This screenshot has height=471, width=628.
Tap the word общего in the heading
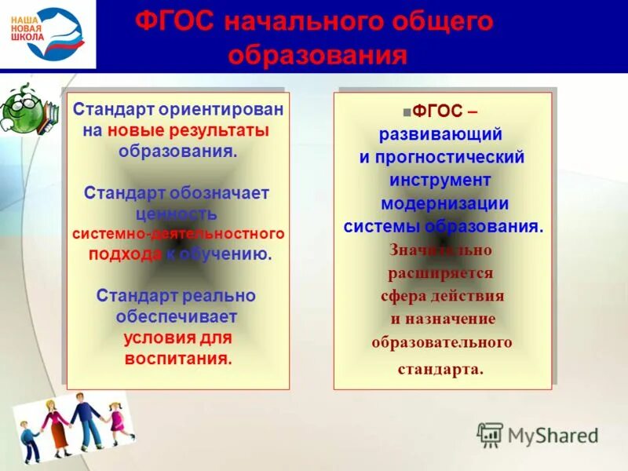click(x=448, y=21)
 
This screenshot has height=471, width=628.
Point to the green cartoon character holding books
click(x=25, y=110)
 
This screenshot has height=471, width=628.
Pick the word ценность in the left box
click(x=178, y=214)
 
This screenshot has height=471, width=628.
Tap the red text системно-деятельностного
click(x=178, y=234)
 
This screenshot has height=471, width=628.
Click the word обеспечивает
click(x=177, y=316)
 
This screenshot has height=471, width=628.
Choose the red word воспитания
click(x=177, y=359)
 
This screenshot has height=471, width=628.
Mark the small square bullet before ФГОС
click(x=406, y=112)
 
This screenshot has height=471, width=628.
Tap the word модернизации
click(x=444, y=203)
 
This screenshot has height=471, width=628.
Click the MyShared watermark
click(x=538, y=435)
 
